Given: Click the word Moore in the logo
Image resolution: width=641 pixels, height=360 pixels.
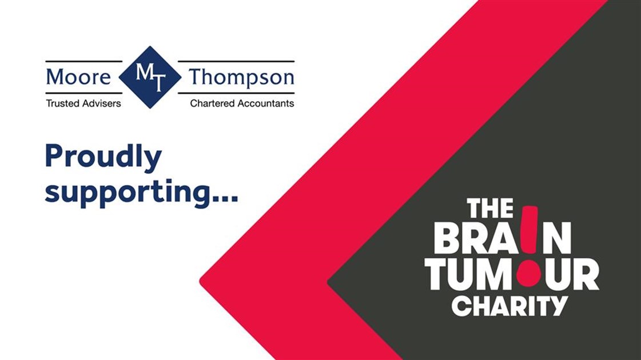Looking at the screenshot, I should [x=78, y=77].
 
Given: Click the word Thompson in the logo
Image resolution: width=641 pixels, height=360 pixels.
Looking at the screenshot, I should [x=241, y=78].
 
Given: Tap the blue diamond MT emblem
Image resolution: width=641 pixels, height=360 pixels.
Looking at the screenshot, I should [x=150, y=77].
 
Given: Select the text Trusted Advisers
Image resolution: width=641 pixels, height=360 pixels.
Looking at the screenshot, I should [x=83, y=103].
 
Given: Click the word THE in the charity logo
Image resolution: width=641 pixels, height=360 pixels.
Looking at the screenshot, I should [x=490, y=209].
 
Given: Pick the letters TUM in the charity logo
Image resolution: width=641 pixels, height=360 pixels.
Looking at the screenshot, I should [x=469, y=274].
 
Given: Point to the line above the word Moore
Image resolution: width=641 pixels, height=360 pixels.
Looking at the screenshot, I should [x=83, y=61].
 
